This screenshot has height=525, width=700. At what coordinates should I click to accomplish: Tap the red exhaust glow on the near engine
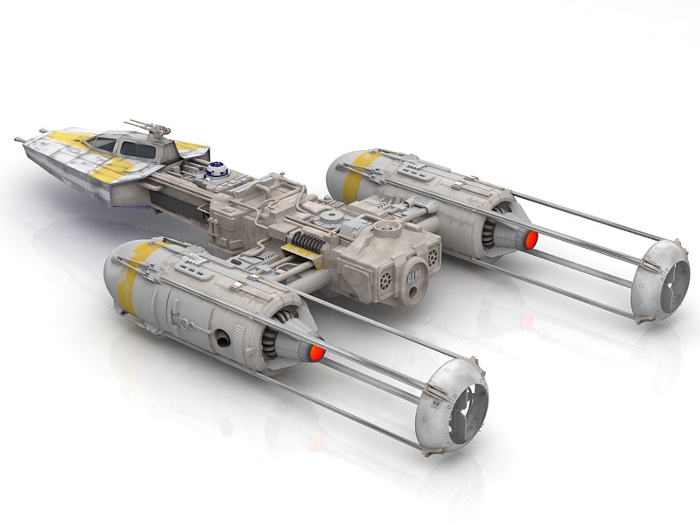coord(316,353)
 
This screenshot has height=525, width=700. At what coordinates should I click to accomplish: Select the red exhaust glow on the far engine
coord(531,238)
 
